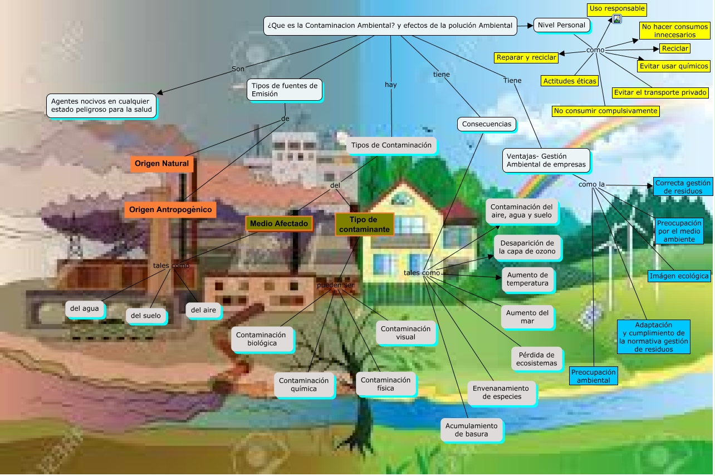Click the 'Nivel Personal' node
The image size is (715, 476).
coord(561,25)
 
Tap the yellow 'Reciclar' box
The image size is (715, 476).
coord(675,48)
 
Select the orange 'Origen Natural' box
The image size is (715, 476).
coord(163,164)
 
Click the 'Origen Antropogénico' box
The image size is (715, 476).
coord(170,209)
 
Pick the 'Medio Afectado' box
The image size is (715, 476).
coord(279,223)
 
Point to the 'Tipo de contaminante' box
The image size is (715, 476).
coord(364,224)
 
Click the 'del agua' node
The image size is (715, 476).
coord(85,308)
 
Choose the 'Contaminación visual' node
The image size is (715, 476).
coord(405,332)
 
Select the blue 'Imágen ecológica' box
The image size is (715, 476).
coord(679,276)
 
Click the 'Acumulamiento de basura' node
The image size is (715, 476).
coord(471,430)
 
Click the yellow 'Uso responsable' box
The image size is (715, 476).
coord(617,9)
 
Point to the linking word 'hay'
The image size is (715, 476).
coord(391,85)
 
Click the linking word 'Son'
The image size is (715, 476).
coord(238,69)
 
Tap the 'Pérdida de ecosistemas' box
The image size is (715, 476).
coord(536,359)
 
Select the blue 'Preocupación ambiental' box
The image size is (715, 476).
coord(594,376)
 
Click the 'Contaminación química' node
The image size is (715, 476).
coord(303,385)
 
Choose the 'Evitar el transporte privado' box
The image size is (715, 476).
coord(660,92)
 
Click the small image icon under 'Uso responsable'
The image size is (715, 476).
coord(617,19)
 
